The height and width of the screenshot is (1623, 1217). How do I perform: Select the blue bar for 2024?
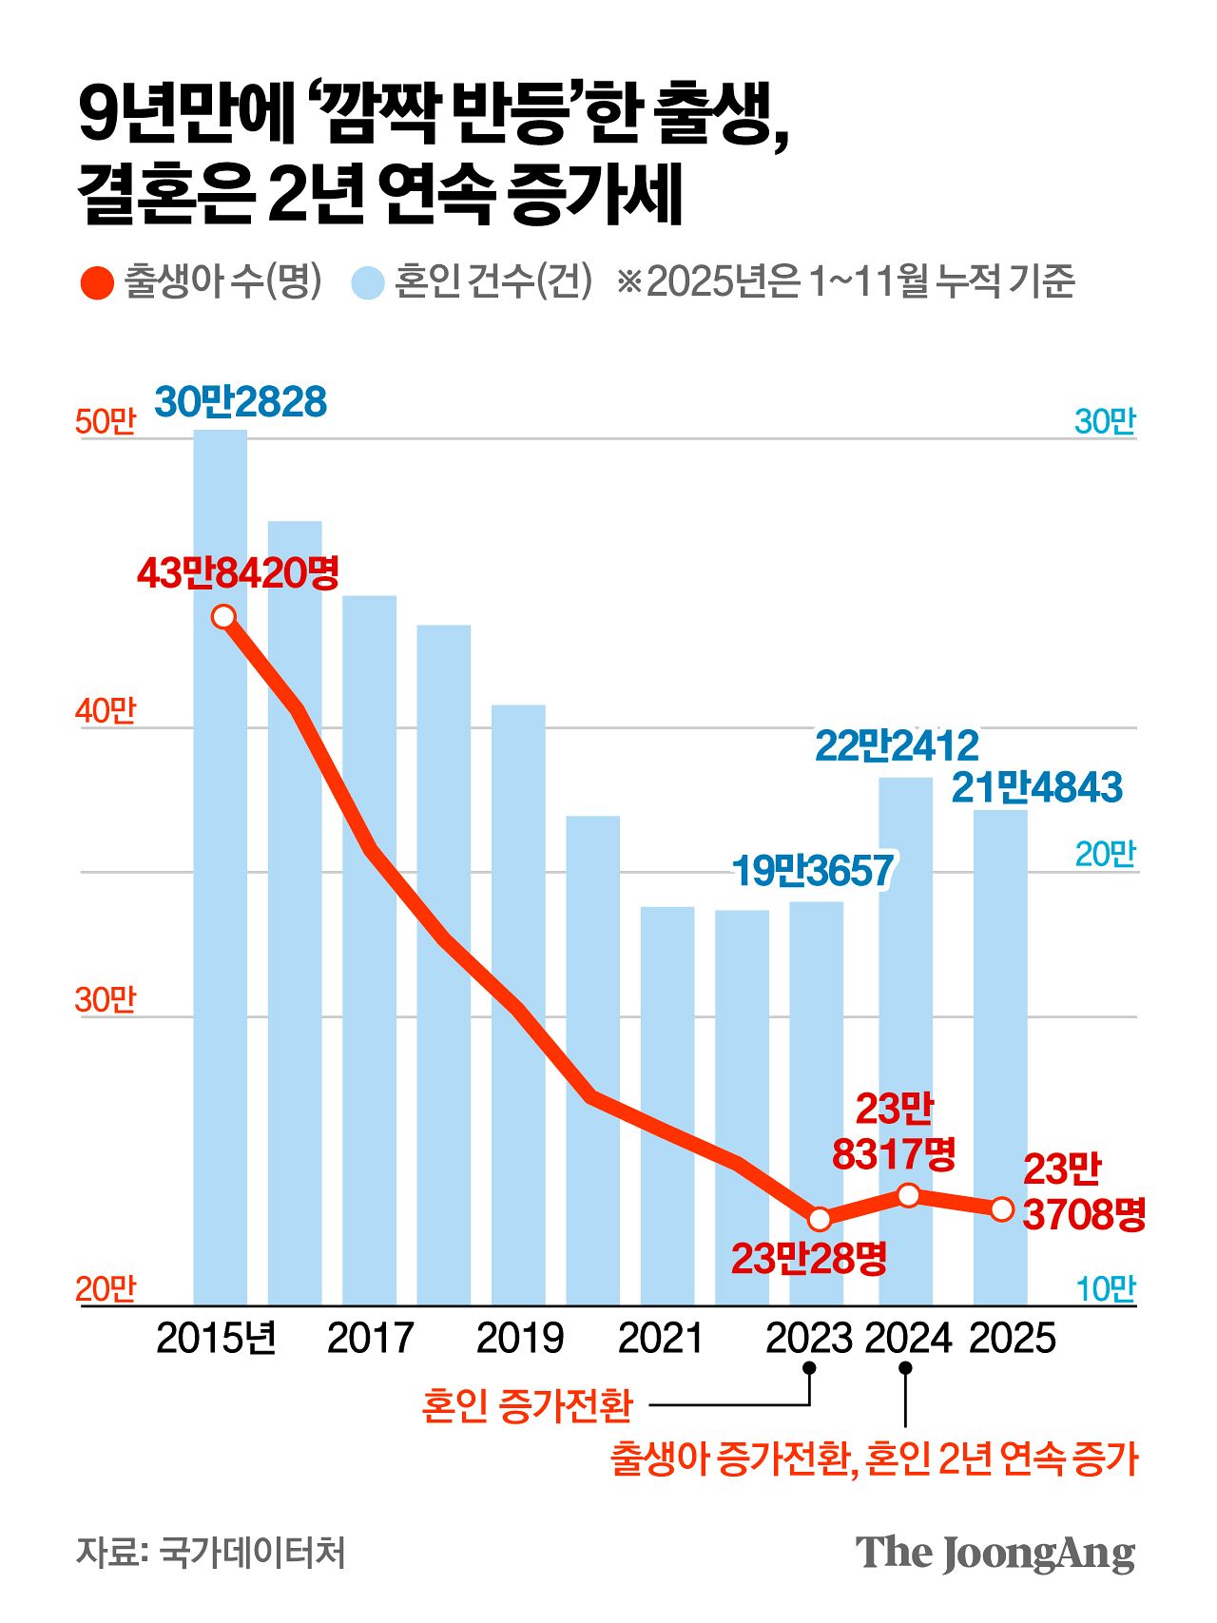(905, 1041)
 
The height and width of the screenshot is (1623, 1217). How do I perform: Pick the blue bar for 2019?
(518, 1004)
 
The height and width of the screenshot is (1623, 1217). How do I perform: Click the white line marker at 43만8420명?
(224, 617)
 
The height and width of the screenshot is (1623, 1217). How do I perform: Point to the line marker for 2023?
(820, 1218)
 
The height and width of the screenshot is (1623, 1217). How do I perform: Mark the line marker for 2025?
(1002, 1209)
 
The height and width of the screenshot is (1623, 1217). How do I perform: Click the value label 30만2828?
(241, 402)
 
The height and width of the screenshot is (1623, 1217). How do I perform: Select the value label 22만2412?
(897, 746)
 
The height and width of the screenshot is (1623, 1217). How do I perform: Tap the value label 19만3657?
(813, 871)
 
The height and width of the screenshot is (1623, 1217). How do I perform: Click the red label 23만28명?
(809, 1259)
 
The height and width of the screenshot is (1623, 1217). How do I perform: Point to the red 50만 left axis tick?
(106, 421)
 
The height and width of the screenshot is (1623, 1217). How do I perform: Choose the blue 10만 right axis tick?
(1105, 1289)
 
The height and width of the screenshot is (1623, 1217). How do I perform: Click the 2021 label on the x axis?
(660, 1339)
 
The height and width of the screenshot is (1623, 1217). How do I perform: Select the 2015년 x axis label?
(216, 1339)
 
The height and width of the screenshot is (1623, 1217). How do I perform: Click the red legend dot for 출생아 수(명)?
(98, 282)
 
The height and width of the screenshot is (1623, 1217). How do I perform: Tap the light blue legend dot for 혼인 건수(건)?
(367, 282)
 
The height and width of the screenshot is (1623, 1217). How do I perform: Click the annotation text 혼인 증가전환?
(527, 1404)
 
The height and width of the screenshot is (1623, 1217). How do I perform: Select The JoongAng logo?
(995, 1554)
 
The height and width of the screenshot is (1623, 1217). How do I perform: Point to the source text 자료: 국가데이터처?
(211, 1552)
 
